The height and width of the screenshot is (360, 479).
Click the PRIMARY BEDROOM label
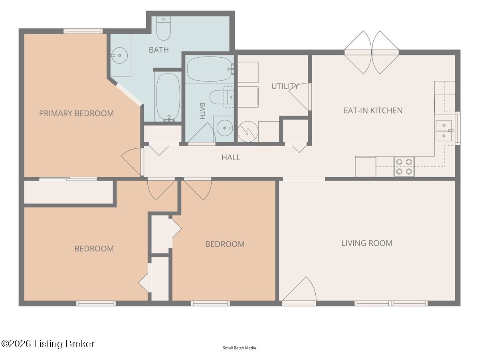tap(76, 114)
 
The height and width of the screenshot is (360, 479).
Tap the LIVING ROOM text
tap(367, 243)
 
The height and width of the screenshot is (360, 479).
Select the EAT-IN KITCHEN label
tap(373, 111)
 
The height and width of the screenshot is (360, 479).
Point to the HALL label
tap(231, 157)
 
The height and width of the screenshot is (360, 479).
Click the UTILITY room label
tap(285, 86)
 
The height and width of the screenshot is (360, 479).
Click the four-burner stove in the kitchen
tap(404, 166)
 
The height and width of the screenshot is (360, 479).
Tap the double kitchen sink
tap(444, 131)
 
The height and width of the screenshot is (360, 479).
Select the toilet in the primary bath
tap(163, 28)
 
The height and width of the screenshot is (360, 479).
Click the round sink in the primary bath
tap(119, 56)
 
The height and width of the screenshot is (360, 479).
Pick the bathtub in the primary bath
tap(168, 96)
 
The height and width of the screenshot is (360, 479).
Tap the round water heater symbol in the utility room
tap(248, 132)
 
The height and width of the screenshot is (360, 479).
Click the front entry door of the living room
tap(299, 291)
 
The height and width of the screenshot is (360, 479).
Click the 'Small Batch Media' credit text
tap(239, 348)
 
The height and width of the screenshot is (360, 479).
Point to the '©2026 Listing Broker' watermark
tap(48, 344)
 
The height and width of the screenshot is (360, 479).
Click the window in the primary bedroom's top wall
tap(83, 31)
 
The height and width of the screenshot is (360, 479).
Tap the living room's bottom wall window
tap(391, 303)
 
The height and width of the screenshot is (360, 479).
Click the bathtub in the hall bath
tap(210, 69)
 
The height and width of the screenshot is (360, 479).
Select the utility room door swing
tap(300, 97)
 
